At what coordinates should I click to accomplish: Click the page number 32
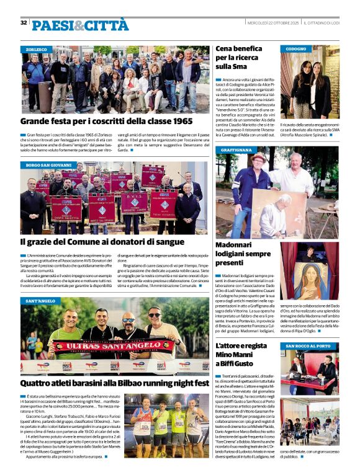24,23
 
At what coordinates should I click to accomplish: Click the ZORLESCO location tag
37,49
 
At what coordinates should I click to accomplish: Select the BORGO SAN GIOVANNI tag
48,166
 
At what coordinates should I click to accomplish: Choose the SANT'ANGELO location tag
40,301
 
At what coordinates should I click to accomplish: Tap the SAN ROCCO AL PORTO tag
308,345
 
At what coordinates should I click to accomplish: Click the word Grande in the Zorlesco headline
38,122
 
